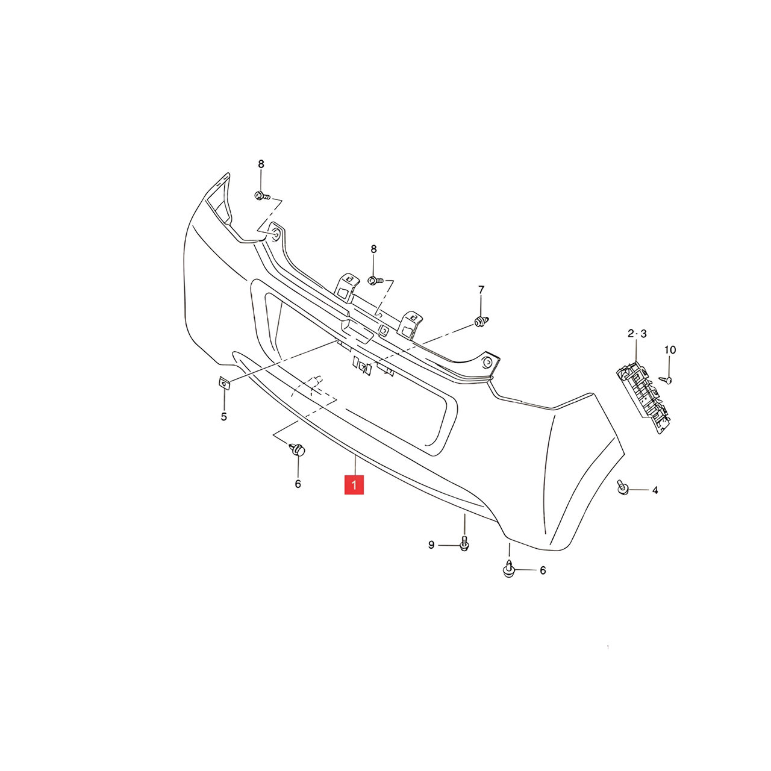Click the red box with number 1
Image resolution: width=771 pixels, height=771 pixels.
pos(354,484)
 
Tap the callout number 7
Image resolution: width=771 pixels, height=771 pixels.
pos(481,289)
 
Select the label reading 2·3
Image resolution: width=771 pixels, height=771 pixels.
pos(637,333)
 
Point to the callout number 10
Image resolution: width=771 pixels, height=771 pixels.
pos(670,350)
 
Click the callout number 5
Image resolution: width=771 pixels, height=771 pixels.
pos(223,416)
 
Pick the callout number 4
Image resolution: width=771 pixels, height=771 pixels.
pos(655,490)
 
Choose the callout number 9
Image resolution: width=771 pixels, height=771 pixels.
pos(431,545)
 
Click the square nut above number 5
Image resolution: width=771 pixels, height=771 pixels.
pos(224,384)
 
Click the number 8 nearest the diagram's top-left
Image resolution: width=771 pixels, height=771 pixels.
pos(261,164)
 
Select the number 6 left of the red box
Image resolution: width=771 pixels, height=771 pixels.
pos(298,484)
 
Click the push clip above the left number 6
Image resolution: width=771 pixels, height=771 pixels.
pos(297,450)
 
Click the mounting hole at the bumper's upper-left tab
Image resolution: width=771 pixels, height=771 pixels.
pos(276,234)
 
